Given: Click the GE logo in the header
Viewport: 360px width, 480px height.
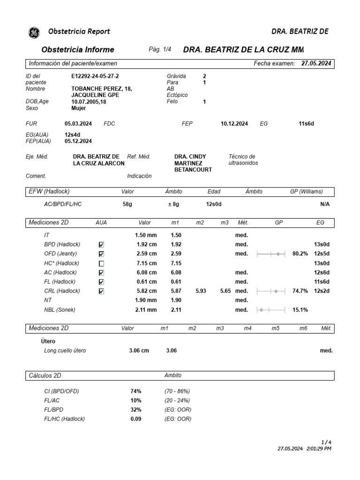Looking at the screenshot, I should (x=34, y=32).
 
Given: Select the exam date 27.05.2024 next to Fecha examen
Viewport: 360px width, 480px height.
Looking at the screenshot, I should (x=317, y=63).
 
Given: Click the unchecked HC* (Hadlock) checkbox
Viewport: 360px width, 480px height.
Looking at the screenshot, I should (x=102, y=263).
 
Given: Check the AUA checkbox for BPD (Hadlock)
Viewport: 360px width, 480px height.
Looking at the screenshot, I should (x=102, y=245).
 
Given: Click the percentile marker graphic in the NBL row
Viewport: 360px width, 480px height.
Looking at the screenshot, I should (x=271, y=310).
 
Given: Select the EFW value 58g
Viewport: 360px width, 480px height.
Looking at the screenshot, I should (x=127, y=204).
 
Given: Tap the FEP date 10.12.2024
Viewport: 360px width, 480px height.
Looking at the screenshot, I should (x=234, y=124).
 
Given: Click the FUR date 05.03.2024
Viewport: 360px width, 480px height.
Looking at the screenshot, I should (x=78, y=124).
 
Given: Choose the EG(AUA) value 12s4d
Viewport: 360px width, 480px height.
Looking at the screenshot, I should (x=73, y=135).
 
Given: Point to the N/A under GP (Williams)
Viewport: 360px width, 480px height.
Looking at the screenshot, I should (x=325, y=204).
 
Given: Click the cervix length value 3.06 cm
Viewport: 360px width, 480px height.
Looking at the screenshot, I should (x=139, y=351).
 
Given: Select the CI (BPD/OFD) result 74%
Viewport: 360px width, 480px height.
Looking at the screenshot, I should (x=136, y=391).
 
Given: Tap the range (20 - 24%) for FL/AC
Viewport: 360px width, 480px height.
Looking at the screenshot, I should (x=177, y=400).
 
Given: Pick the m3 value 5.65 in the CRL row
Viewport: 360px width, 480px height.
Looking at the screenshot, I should (x=225, y=291).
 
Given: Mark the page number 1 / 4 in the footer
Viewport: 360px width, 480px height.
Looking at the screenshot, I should (x=326, y=442).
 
